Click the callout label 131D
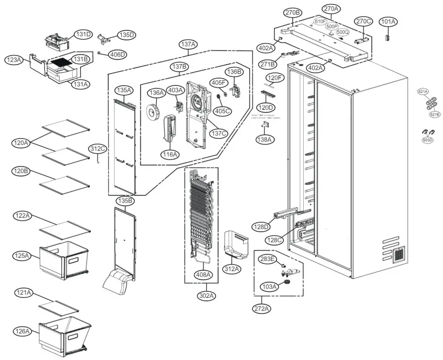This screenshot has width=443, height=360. pos(83,34)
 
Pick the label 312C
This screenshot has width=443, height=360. pos(98,148)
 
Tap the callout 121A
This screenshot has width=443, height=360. pos(23,293)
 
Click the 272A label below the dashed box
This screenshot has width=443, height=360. pos(263,308)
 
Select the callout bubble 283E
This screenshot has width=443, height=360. pos(268,259)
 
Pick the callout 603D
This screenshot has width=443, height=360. pos(427,140)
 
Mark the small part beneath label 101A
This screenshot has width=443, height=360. pos(387,37)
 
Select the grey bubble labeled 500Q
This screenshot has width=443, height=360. pos(343,32)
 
